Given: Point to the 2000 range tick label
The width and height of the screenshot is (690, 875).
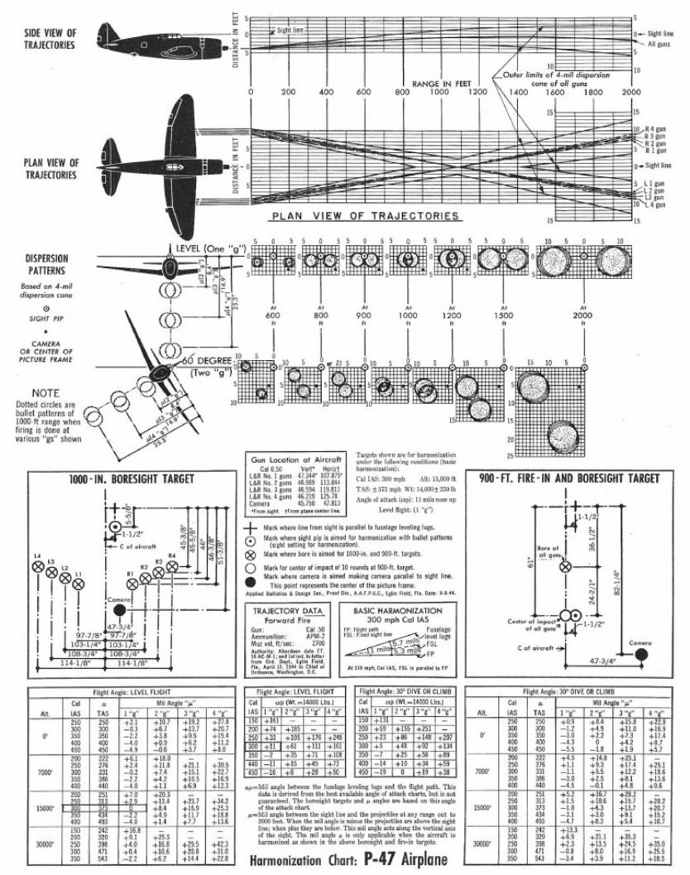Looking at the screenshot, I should (x=630, y=92).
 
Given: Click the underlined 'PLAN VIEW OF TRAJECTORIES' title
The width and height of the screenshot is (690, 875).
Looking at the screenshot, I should (x=365, y=216).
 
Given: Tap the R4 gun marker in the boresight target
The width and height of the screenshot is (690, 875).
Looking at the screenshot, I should (x=172, y=565).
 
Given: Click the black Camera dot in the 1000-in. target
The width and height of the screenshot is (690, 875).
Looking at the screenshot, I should (x=120, y=608).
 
